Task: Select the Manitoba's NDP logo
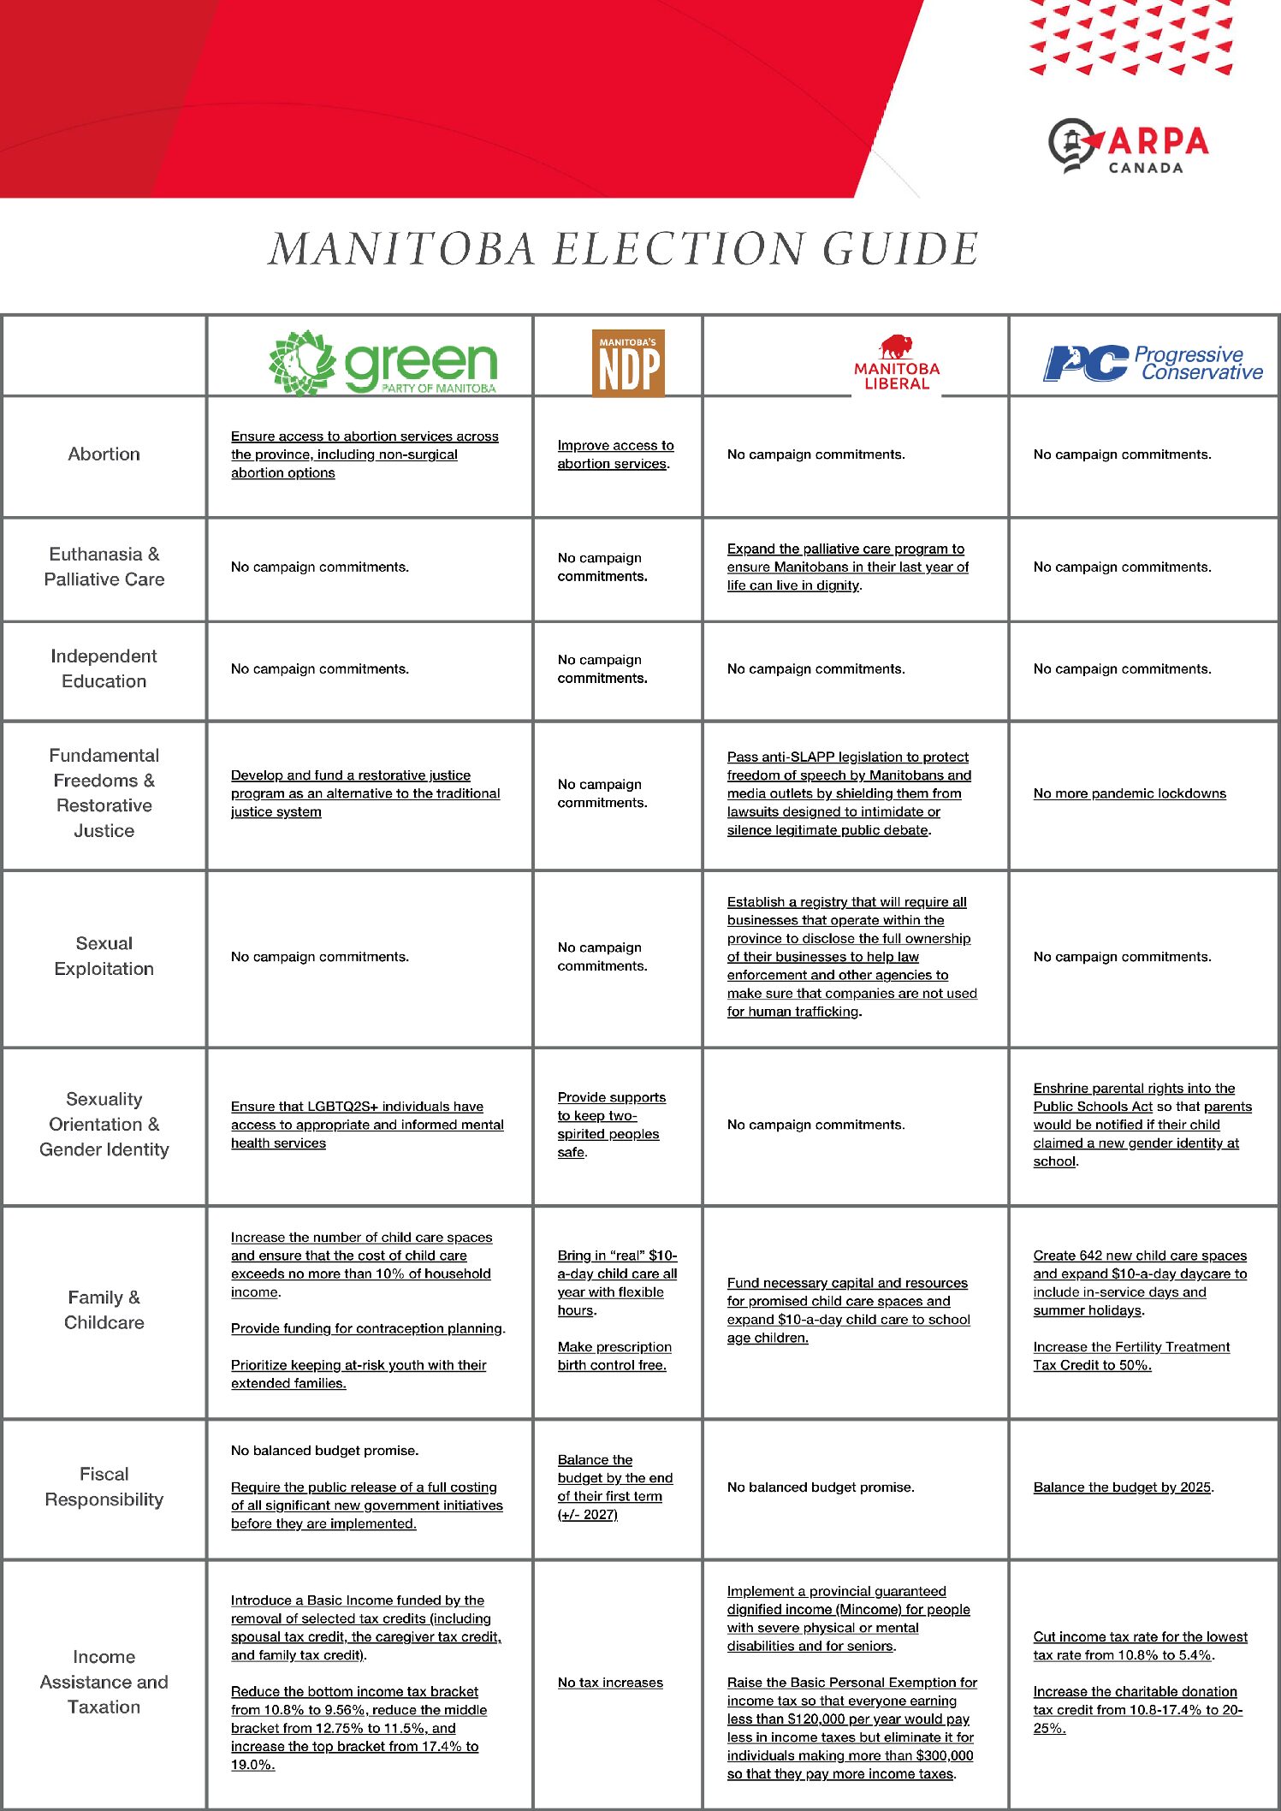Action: coord(628,363)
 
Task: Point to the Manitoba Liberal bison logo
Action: coord(896,363)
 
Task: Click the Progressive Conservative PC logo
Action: coord(1152,363)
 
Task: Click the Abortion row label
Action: coord(104,454)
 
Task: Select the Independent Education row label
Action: coord(104,668)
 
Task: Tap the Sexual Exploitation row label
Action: coord(104,956)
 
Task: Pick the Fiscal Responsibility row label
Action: coord(104,1487)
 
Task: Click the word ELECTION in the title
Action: coord(679,249)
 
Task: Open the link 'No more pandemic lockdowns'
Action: coord(1129,793)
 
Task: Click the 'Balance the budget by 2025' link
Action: coord(1122,1487)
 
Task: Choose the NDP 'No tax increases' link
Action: coord(610,1683)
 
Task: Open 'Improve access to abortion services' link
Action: coord(614,454)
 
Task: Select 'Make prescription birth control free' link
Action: coord(614,1356)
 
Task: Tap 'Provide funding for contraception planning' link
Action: coord(367,1328)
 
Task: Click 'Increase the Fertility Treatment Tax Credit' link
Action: coord(1130,1356)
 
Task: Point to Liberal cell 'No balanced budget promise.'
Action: coord(821,1487)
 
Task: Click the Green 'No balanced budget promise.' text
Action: coord(324,1451)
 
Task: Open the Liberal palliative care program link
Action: coord(847,567)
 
